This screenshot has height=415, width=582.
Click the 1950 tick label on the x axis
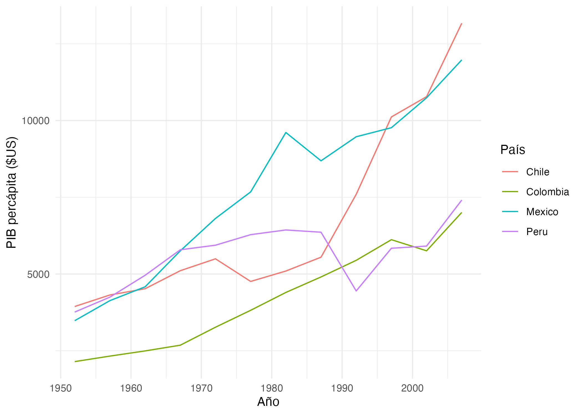[x=60, y=388]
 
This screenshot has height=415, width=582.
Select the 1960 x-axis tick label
[x=131, y=388]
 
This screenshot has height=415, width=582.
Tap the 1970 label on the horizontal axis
[x=201, y=388]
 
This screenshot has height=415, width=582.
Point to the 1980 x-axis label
[x=272, y=388]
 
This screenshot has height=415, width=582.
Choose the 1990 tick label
[x=342, y=388]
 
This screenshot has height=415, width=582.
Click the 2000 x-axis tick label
[x=412, y=388]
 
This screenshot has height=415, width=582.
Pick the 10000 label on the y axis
[x=35, y=121]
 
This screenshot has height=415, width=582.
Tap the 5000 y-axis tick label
[x=38, y=274]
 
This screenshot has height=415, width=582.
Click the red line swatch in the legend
[x=510, y=172]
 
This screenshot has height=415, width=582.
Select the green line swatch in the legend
[x=510, y=192]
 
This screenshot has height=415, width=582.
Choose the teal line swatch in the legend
[x=510, y=212]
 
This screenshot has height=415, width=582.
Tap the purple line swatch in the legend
[x=510, y=231]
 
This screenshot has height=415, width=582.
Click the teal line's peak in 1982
[x=286, y=132]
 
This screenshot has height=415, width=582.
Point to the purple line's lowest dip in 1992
[x=356, y=291]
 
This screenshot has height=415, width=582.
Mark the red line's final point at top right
[x=461, y=24]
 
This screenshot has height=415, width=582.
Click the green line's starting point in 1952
[x=75, y=362]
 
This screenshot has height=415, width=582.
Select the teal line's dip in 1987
[x=321, y=161]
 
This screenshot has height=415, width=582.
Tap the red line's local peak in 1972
[x=215, y=259]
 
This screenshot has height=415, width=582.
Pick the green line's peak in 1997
[x=391, y=239]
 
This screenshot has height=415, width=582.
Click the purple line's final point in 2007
[x=461, y=200]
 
